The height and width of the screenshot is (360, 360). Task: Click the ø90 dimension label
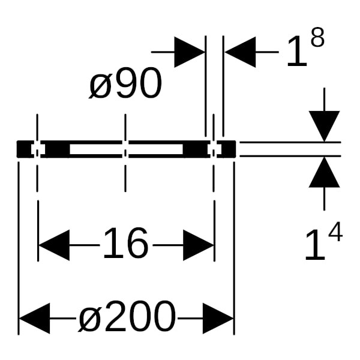pos(125,83)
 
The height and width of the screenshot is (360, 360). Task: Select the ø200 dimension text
pos(127,317)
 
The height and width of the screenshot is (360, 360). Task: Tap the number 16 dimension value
pos(125,244)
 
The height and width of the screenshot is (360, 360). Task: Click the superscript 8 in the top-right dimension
pos(317,38)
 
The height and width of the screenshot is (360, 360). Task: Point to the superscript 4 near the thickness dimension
pos(335,232)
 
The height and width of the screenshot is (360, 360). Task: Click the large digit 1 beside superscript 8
pos(297,52)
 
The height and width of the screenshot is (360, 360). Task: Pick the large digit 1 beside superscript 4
pos(316,245)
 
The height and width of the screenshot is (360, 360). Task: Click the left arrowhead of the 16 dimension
pos(54,245)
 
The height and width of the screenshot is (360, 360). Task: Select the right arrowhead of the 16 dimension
pos(199,245)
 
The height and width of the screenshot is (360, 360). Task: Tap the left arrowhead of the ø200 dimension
pos(34,318)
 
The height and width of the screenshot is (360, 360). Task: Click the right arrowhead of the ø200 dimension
pos(218,318)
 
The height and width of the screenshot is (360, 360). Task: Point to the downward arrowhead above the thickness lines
pos(324,126)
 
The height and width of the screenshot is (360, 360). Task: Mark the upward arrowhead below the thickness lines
pos(324,172)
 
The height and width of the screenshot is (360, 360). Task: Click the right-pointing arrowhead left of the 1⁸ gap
pos(190,52)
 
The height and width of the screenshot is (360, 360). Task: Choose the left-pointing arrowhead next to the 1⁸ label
pos(240,52)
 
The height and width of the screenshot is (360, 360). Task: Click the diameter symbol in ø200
pos(89,321)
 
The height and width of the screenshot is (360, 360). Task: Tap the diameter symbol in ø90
pos(100,86)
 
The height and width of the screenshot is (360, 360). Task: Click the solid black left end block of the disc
pos(24,149)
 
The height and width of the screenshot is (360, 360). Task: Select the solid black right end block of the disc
pos(229,149)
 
